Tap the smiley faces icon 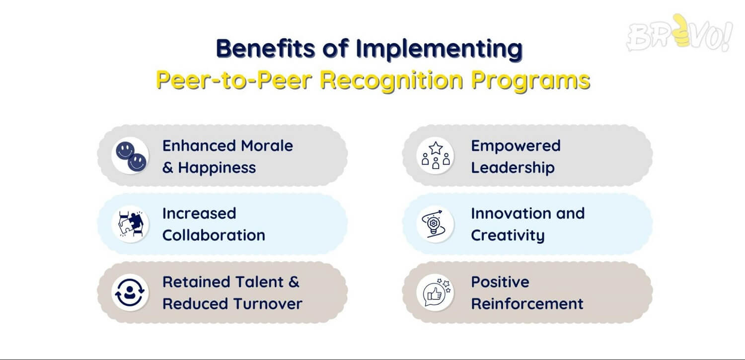pos(130,155)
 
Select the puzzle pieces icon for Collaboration pos(130,224)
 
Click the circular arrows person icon pos(130,292)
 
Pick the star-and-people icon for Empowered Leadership pos(436,155)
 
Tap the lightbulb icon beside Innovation pos(436,224)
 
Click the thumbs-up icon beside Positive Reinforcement pos(436,292)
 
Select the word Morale pos(267,146)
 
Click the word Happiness pos(217,167)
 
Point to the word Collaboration pos(214,235)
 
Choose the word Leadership pos(513,167)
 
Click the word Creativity pos(508,235)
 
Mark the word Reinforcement pos(527,303)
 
